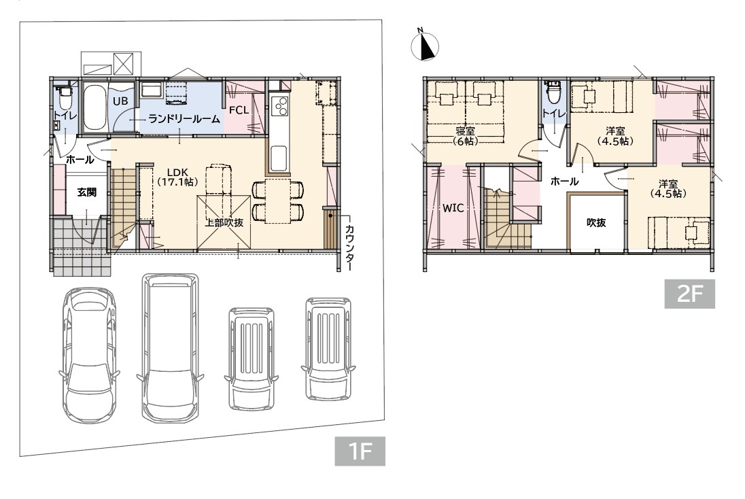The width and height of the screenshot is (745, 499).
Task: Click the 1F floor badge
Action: coord(360,451)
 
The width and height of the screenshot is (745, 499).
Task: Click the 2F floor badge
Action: coord(689,294)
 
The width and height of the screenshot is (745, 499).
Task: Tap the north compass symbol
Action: coord(423,46)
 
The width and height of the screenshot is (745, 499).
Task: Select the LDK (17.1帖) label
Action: coord(177,177)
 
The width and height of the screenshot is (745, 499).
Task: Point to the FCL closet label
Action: coord(239,110)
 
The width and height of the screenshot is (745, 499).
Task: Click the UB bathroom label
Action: coord(120,101)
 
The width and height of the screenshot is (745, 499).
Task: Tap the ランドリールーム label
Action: coord(184,119)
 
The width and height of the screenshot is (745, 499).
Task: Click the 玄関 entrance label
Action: coord(87,192)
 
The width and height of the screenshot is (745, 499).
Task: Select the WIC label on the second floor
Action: coord(453,208)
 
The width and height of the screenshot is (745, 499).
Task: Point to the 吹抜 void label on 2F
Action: coord(596,222)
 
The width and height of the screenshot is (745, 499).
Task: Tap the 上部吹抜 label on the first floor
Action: coord(224,222)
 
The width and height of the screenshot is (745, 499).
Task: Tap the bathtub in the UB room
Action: coord(95,107)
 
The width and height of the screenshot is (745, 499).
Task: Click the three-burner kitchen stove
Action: coord(279,105)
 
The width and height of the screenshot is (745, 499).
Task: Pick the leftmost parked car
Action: coord(88,355)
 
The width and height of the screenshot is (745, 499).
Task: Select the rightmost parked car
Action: coord(328,349)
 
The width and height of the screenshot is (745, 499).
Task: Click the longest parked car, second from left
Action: coord(170,347)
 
